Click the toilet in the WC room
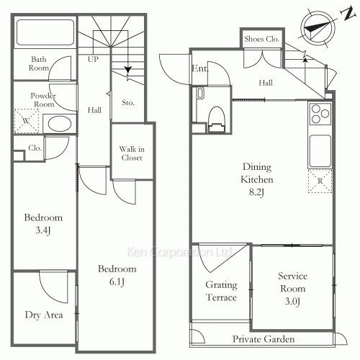(x=217, y=120)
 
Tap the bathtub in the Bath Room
(x=45, y=32)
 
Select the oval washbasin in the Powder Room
(x=60, y=124)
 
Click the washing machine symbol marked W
(x=27, y=121)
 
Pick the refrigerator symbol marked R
(x=320, y=181)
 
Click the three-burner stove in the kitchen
(x=320, y=114)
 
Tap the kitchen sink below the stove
(x=320, y=151)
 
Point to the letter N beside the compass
(x=348, y=13)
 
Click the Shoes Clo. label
(x=261, y=39)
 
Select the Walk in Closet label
(x=132, y=153)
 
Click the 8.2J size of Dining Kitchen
(x=256, y=192)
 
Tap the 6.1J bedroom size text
(x=117, y=282)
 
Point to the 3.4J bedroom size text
(x=43, y=230)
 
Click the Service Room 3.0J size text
(x=292, y=301)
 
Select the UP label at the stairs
(x=93, y=59)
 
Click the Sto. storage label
(x=128, y=103)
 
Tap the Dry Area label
(x=44, y=315)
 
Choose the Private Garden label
(x=264, y=339)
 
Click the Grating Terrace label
(x=222, y=291)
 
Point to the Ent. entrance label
(x=199, y=68)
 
